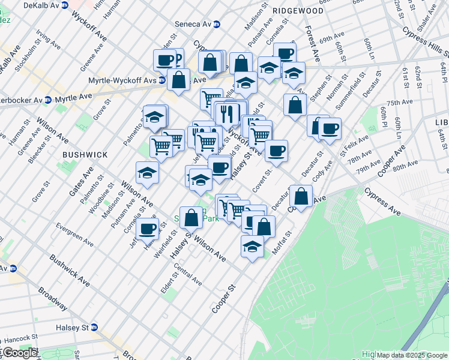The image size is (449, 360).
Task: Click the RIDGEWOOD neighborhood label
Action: (x=298, y=11)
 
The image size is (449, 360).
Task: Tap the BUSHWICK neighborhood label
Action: (x=85, y=155)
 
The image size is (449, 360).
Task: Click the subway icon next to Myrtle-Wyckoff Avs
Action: (x=161, y=80)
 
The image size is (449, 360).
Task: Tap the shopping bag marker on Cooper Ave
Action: (x=301, y=196)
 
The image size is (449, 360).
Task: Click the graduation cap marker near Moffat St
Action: (x=253, y=245)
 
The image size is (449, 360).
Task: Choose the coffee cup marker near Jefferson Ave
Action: (x=147, y=229)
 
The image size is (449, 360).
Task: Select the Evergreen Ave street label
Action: (x=74, y=235)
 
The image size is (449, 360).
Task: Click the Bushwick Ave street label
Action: (x=70, y=270)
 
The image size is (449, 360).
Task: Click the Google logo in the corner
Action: (x=20, y=353)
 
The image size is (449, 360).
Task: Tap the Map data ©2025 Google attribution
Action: (x=411, y=355)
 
